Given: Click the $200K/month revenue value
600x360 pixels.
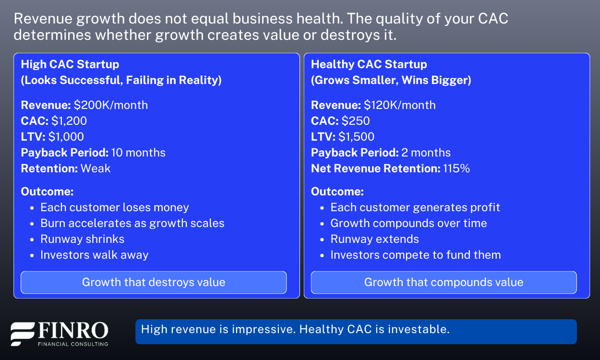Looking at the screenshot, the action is (x=110, y=105).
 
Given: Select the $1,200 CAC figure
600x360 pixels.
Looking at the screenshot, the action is (x=69, y=121).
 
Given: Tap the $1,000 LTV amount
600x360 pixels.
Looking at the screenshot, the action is (x=66, y=137).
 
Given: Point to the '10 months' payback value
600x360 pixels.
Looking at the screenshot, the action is (x=138, y=153).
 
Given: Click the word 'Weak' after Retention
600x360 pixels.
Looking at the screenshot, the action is (x=96, y=168).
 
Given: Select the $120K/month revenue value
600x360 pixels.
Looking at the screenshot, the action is (x=400, y=105).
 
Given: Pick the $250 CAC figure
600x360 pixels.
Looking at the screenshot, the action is (x=356, y=121).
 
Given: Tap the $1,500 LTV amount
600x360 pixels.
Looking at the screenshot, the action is (x=356, y=137).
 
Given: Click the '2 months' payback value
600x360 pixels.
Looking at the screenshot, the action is (x=426, y=153).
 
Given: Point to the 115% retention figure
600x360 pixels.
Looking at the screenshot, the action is (x=456, y=168).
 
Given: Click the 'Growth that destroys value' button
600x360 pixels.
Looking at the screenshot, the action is (x=154, y=282).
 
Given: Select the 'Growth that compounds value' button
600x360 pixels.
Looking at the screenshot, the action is (x=444, y=282).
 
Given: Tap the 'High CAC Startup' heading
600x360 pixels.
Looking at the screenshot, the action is (x=70, y=64).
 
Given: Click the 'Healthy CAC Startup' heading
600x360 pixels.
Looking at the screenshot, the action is (x=369, y=64).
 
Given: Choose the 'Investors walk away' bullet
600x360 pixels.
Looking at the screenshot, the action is (x=94, y=255).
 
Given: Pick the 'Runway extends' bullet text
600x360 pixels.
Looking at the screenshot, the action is (x=374, y=239).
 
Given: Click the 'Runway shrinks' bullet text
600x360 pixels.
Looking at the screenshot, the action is (x=82, y=239).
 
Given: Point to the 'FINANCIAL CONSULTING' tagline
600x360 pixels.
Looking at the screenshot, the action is (x=73, y=344).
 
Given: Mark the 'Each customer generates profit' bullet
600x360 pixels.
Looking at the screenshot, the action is (x=415, y=207).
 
